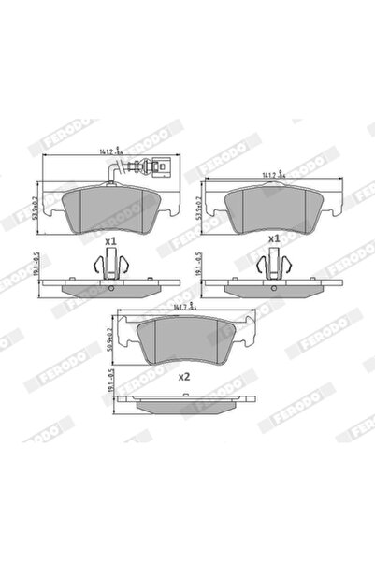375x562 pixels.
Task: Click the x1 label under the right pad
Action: (x=274, y=239)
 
